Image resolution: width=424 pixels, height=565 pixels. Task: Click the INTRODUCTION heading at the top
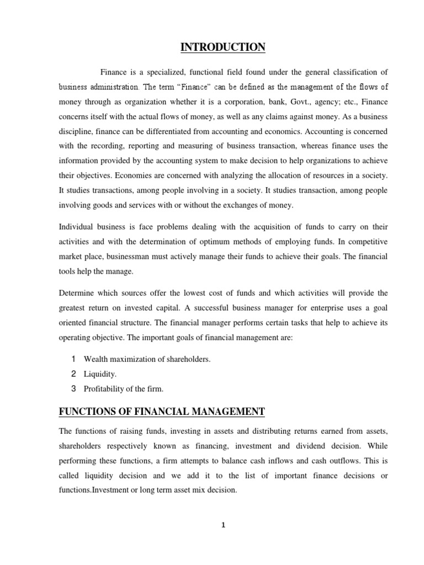point(223,48)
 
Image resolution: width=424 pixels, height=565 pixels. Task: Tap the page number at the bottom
point(223,525)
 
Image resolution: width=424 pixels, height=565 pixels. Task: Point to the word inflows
point(279,461)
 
